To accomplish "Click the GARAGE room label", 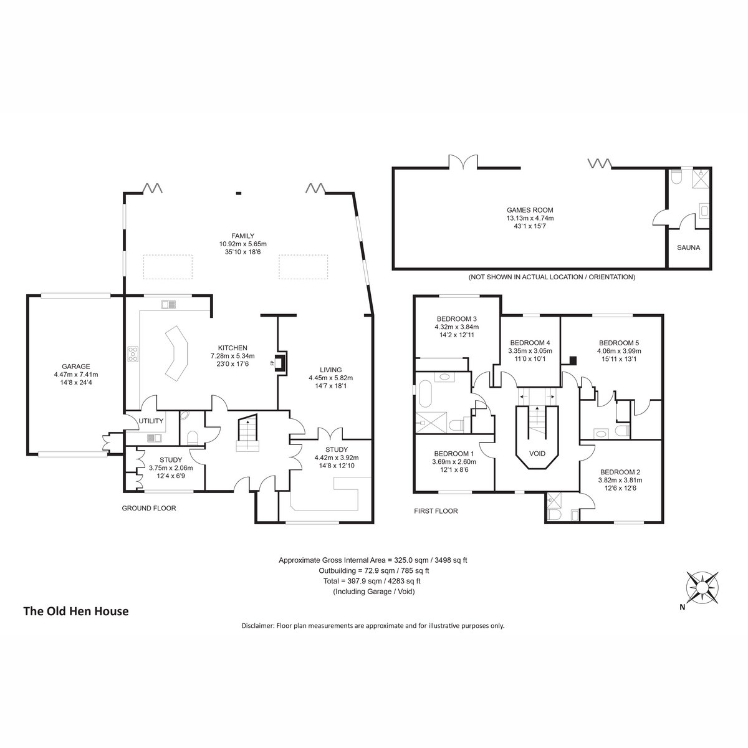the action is click(x=75, y=366).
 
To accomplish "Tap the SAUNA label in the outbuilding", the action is click(x=688, y=247).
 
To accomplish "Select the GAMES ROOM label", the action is click(x=530, y=210).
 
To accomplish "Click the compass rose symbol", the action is click(x=702, y=588).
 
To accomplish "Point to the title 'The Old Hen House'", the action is click(x=76, y=611).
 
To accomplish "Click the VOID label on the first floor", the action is click(x=537, y=453).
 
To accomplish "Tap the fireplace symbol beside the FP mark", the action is click(x=281, y=362).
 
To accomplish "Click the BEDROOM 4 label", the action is click(x=530, y=343).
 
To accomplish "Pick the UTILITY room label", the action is click(x=151, y=421).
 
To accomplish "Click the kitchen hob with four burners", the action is click(x=133, y=354).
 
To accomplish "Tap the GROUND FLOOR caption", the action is click(x=149, y=508).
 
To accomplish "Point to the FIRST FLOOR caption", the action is click(x=436, y=511).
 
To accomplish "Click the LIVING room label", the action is click(x=331, y=370).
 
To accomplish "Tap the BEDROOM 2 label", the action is click(x=620, y=472).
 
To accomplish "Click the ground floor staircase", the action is click(x=247, y=433).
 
